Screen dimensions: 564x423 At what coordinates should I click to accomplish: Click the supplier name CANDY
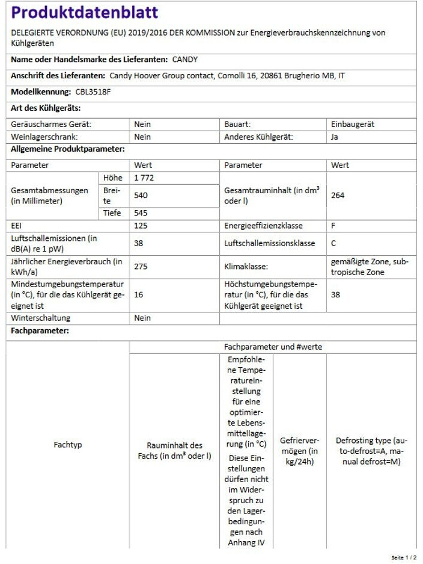184,60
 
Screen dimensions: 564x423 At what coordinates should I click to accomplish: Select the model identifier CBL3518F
93,92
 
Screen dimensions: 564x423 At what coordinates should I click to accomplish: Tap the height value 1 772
145,178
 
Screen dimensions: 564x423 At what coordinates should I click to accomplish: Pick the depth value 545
141,213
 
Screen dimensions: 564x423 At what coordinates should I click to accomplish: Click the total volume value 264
338,196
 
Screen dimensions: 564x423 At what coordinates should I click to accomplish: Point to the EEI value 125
141,226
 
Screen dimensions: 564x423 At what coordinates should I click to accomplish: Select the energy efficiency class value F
333,226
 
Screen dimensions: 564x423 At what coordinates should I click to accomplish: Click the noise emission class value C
333,243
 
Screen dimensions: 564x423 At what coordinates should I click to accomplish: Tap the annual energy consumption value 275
141,266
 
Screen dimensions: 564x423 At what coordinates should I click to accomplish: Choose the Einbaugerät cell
353,124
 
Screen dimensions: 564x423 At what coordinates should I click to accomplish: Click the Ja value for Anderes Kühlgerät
335,137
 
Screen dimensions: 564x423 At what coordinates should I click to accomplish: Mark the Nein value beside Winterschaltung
142,318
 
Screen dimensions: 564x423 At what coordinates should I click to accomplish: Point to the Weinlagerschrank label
44,137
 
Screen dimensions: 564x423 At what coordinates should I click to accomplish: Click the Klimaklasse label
246,266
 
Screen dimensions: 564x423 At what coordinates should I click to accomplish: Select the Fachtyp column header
68,445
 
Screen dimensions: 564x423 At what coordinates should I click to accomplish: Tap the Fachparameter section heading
40,331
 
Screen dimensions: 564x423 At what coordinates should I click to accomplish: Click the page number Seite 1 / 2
403,558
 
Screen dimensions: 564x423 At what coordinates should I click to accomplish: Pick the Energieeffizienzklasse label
263,226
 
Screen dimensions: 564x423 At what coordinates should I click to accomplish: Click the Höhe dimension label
112,178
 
